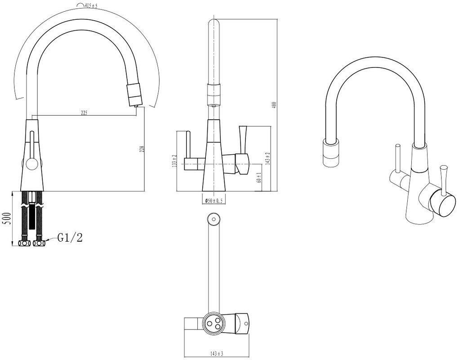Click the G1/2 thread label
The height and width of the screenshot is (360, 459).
[x=70, y=238]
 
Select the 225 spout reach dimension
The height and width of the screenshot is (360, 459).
[x=84, y=113]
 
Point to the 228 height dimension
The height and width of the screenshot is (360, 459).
[x=142, y=148]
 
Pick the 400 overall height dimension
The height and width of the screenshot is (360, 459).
[x=274, y=105]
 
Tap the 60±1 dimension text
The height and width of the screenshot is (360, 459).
[x=258, y=178]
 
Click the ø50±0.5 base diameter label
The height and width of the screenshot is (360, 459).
[x=214, y=200]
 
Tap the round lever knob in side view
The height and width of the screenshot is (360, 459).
[x=30, y=164]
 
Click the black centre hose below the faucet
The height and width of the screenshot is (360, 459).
[x=31, y=216]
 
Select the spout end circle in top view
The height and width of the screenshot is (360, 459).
[x=214, y=219]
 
